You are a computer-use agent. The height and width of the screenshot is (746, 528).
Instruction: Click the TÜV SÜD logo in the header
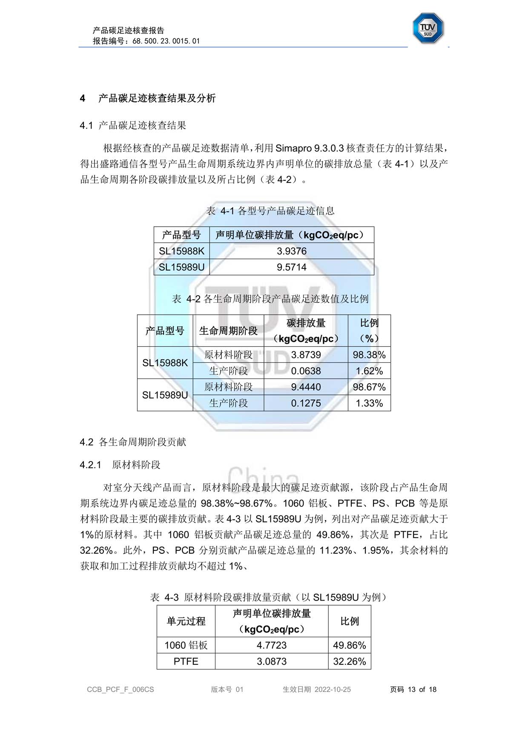428,28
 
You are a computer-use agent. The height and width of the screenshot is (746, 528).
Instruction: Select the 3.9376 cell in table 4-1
292,251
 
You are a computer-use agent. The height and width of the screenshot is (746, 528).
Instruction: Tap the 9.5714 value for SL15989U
292,267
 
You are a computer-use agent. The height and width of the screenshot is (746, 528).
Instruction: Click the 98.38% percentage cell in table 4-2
369,355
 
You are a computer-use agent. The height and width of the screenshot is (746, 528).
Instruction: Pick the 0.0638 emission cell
306,371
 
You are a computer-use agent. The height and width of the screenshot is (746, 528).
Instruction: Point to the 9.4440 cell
306,387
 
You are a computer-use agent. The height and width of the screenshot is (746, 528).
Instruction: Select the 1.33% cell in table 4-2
369,403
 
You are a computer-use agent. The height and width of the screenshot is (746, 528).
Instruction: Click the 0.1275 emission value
306,403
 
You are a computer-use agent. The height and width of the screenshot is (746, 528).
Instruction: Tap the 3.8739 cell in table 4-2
306,355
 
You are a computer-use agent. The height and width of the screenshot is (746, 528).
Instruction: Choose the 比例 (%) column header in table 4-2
369,330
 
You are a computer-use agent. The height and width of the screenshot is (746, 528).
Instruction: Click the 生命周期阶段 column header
228,330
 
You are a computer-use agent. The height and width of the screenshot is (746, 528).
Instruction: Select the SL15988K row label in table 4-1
181,251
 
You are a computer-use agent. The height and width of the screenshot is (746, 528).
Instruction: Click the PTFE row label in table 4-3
186,661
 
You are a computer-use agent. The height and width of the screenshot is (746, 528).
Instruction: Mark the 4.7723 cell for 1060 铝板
272,645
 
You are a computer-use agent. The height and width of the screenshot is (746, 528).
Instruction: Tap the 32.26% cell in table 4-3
349,661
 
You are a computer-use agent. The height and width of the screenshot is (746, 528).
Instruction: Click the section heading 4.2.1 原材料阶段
120,465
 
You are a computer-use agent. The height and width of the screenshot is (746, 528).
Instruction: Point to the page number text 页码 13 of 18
413,689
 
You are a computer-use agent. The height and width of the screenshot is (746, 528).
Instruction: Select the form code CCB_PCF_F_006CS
121,689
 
